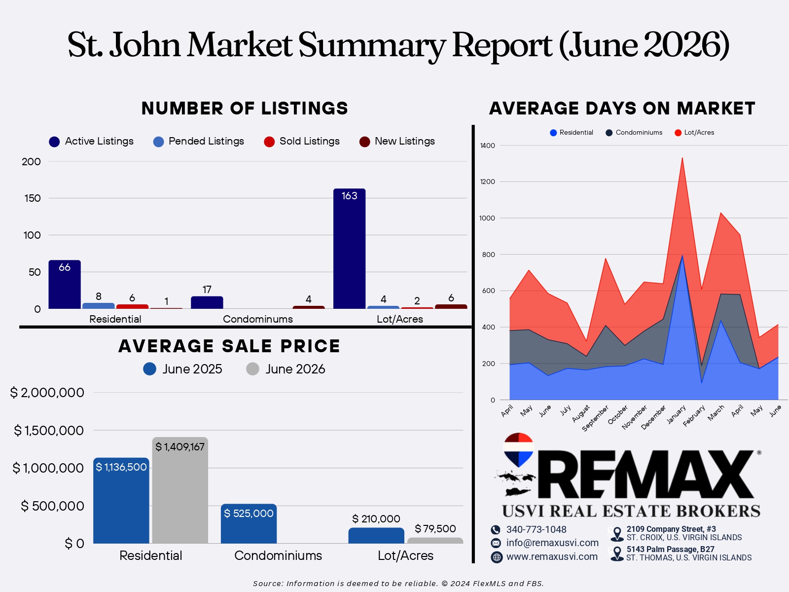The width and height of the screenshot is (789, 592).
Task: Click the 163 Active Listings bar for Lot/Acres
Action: pos(349,249)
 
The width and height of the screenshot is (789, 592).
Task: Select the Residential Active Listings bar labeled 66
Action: pos(65,284)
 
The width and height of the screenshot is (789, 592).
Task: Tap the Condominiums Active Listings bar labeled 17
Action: pos(207,302)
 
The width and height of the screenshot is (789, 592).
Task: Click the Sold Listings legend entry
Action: pos(302,141)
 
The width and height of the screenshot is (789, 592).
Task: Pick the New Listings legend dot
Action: pos(364,142)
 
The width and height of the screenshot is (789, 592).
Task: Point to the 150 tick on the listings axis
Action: pos(33,198)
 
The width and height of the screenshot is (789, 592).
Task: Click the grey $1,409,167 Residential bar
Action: pos(180,490)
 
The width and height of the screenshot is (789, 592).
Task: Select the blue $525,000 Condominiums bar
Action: pos(249,524)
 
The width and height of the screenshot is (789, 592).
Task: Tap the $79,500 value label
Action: pos(435,529)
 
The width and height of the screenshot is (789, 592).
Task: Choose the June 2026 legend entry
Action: pos(286,369)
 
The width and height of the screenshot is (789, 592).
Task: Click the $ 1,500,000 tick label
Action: pos(48,430)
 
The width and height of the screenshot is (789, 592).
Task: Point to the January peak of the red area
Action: pos(682,158)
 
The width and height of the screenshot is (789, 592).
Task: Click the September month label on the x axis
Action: pos(595,418)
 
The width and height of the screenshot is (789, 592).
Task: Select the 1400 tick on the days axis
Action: pos(487,146)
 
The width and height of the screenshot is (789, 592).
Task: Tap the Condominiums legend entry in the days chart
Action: pos(634,133)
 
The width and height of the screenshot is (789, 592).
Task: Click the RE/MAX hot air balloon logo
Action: pos(518,449)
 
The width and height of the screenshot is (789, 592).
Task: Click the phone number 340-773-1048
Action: pos(537,529)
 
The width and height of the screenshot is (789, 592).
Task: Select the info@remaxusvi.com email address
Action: pos(552,543)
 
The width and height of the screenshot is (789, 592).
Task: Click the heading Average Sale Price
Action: pos(229,346)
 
